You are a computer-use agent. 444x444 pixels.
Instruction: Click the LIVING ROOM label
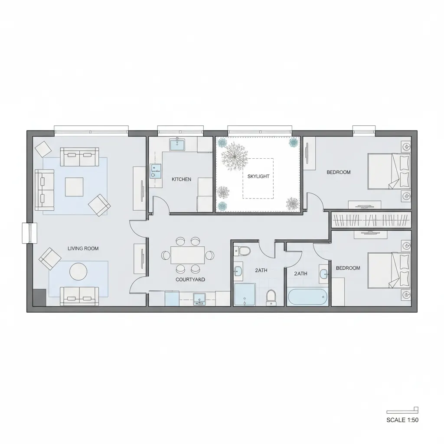pos(83,248)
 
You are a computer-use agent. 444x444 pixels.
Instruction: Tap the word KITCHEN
pos(181,179)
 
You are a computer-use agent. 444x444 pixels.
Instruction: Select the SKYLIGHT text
pos(258,176)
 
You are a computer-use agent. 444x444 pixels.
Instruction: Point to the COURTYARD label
pos(190,280)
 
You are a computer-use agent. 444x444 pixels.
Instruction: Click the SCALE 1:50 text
pos(402,420)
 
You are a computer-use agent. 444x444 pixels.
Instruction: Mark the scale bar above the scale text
pos(402,411)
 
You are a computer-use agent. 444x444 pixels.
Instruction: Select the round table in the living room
pos(78,271)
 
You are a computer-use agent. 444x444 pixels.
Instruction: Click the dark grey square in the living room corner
pos(39,297)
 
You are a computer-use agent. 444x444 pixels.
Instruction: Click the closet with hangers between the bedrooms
pos(371,220)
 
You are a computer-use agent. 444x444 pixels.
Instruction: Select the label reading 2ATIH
pos(300,274)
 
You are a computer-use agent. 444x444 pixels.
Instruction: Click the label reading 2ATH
pos(261,270)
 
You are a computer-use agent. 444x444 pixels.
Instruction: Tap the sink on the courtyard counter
pos(200,298)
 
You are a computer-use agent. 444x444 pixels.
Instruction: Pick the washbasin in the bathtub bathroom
pos(323,274)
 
